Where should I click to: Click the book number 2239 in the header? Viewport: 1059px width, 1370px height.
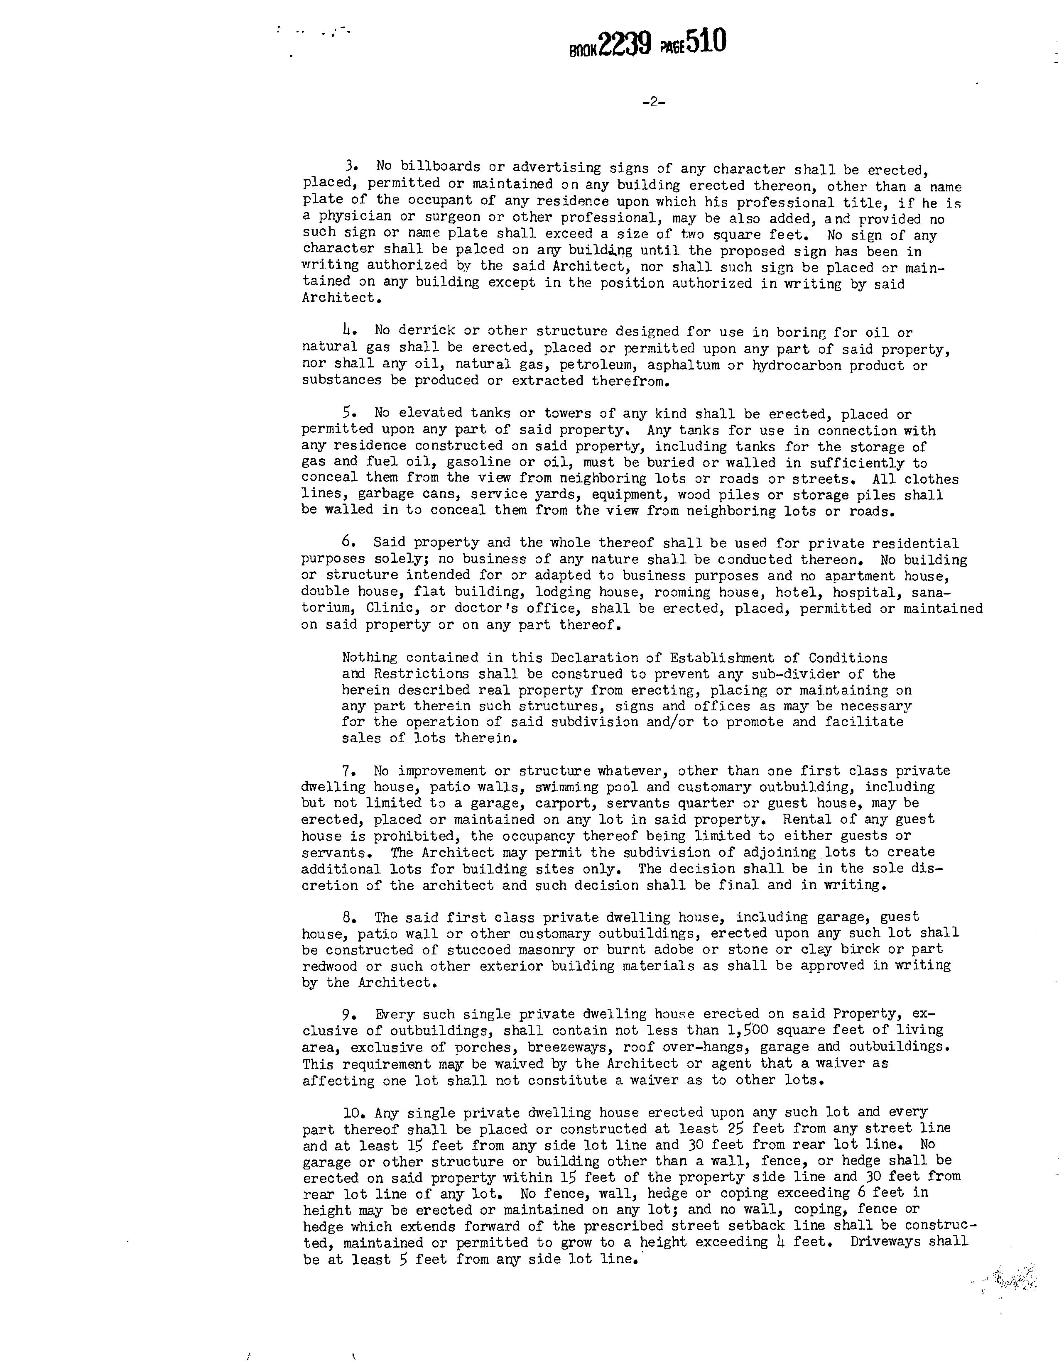click(624, 44)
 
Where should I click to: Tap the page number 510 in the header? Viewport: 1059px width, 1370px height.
click(706, 43)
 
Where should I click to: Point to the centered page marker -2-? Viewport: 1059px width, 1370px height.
click(654, 103)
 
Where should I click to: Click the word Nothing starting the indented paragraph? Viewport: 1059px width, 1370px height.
click(370, 658)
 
